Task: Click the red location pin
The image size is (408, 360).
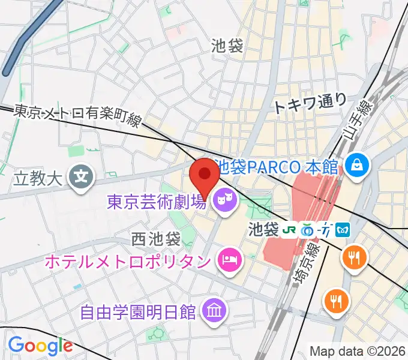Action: click(204, 175)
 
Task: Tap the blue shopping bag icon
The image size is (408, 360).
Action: click(358, 163)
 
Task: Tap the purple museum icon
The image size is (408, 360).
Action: click(213, 310)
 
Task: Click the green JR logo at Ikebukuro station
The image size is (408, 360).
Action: click(289, 229)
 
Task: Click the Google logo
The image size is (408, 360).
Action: click(40, 346)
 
